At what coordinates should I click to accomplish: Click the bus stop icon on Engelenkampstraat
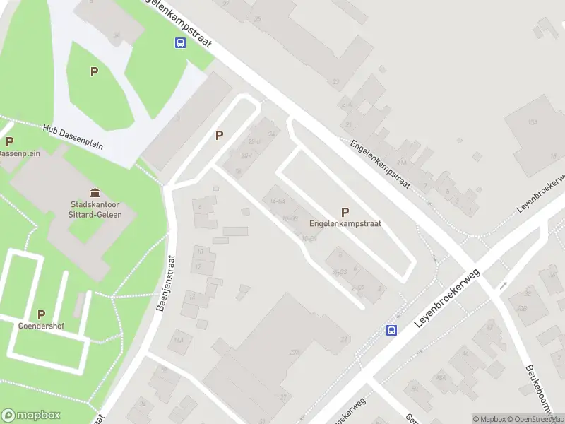pyautogui.click(x=181, y=43)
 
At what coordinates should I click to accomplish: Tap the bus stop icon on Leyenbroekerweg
pyautogui.click(x=391, y=330)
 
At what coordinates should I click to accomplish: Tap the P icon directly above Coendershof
pyautogui.click(x=41, y=314)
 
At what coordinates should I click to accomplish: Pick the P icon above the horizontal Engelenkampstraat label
pyautogui.click(x=345, y=211)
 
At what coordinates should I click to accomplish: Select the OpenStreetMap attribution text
pyautogui.click(x=537, y=419)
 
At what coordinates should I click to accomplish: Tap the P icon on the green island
pyautogui.click(x=93, y=71)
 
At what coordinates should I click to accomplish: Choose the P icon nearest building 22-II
pyautogui.click(x=220, y=135)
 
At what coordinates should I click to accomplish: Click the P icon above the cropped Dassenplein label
pyautogui.click(x=9, y=141)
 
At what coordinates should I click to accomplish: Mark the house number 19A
pyautogui.click(x=531, y=122)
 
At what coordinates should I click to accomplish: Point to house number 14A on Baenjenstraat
pyautogui.click(x=179, y=340)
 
